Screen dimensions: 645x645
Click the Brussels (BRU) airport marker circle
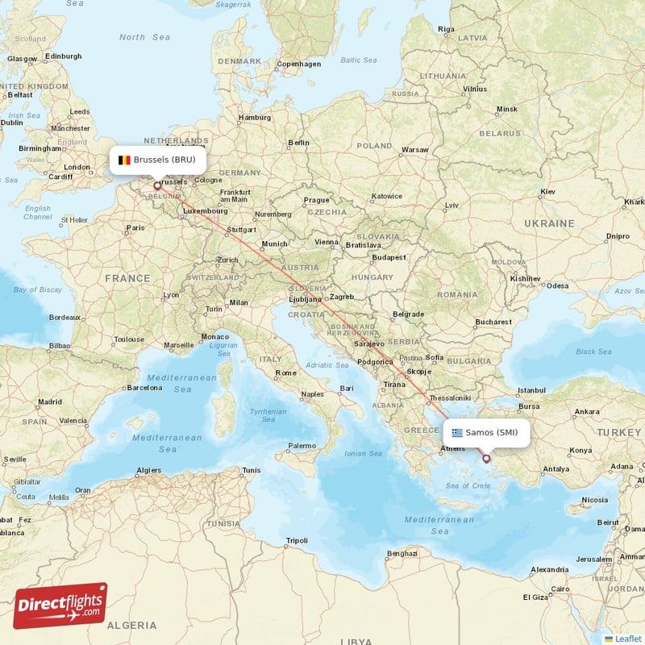point(157,185)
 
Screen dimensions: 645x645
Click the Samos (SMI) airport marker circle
point(486,459)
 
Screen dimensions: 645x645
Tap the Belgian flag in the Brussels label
point(124,160)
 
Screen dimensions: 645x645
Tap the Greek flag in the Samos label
point(458,432)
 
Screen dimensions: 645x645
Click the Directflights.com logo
point(60,605)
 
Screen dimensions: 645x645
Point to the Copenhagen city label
point(298,64)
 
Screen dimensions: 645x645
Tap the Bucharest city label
point(493,322)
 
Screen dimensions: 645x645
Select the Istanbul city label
point(532,390)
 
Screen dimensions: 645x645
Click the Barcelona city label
point(144,387)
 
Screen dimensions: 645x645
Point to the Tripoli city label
point(298,539)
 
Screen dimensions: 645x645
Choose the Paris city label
point(135,227)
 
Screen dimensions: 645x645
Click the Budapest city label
point(389,257)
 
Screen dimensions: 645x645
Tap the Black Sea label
point(593,352)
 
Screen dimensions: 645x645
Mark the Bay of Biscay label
point(38,289)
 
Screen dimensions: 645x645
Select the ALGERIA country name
point(133,625)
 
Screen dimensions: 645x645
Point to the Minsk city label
point(507,109)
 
